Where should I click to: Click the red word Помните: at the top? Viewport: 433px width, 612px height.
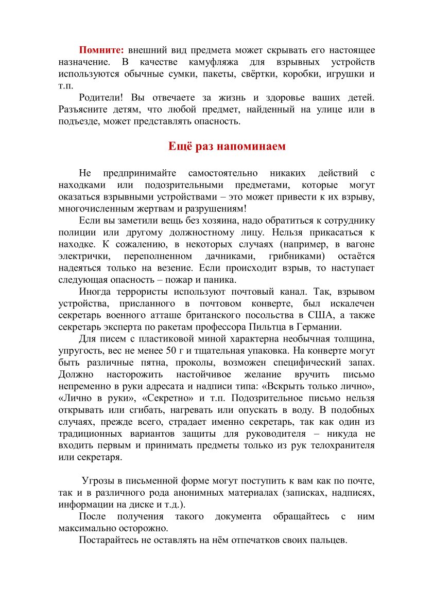point(101,50)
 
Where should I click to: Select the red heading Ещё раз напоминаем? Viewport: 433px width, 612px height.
point(227,146)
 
